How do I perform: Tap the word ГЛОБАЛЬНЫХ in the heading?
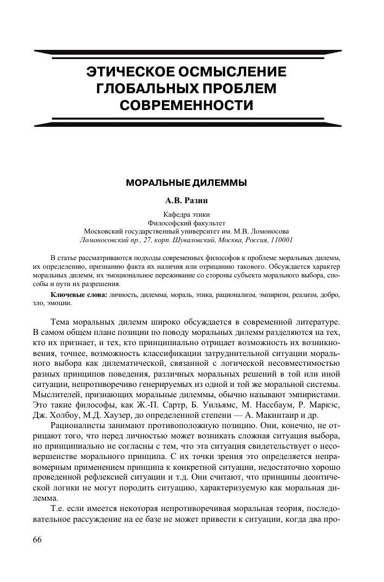tap(142, 88)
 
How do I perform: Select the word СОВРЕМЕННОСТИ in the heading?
tap(186, 104)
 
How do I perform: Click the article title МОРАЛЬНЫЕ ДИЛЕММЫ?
tap(186, 183)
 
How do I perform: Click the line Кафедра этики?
tap(186, 214)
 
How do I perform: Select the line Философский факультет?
tap(186, 222)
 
